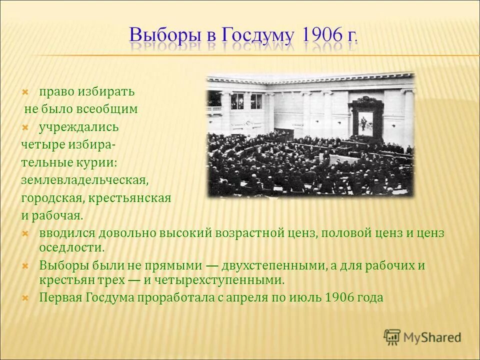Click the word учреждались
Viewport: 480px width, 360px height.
[x=79, y=127]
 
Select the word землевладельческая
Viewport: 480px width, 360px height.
[x=85, y=180]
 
